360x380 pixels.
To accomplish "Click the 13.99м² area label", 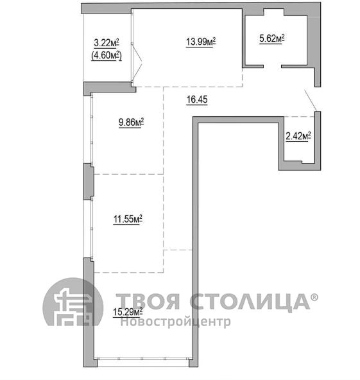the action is pyautogui.click(x=201, y=42).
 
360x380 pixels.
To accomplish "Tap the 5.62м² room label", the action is pyautogui.click(x=271, y=39).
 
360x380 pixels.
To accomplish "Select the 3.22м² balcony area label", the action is pyautogui.click(x=107, y=43).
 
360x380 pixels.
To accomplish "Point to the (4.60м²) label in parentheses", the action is pyautogui.click(x=107, y=56).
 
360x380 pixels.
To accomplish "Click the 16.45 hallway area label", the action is pyautogui.click(x=197, y=99).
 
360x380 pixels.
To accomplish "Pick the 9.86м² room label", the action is pyautogui.click(x=131, y=122).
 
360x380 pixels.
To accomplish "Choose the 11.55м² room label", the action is pyautogui.click(x=128, y=219).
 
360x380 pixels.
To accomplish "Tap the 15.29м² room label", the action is pyautogui.click(x=128, y=312).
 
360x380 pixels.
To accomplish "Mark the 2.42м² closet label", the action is pyautogui.click(x=298, y=136).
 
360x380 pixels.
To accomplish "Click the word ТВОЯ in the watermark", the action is pyautogui.click(x=148, y=301).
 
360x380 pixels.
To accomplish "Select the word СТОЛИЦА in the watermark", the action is pyautogui.click(x=250, y=301).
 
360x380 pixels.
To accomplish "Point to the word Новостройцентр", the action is pyautogui.click(x=176, y=322).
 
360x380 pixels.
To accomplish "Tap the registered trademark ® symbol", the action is pyautogui.click(x=314, y=297).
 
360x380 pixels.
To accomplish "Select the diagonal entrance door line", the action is pyautogui.click(x=311, y=100).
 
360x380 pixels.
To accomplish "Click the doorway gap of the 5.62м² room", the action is pyautogui.click(x=272, y=66).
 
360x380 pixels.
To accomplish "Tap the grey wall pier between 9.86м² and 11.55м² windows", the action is pyautogui.click(x=89, y=182).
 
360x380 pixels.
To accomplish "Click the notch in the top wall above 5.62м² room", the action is pyautogui.click(x=273, y=12).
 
